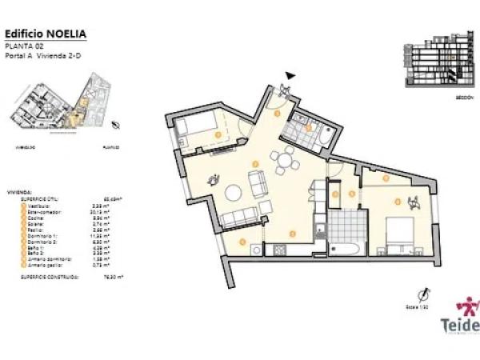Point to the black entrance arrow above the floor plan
point(290,76)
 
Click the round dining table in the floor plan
point(286,159)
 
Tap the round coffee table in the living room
point(234,192)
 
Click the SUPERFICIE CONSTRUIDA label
point(50,278)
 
